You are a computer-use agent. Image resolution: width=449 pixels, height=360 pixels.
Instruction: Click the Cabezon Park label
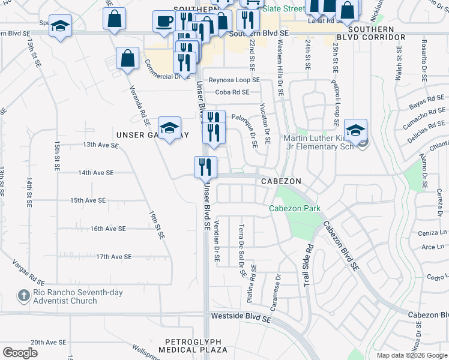click(x=294, y=209)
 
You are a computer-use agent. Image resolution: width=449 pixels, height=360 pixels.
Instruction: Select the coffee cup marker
click(x=164, y=22)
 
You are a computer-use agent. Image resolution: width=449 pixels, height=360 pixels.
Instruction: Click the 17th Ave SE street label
click(x=113, y=257)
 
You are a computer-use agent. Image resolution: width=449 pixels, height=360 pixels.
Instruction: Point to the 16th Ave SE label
click(x=108, y=229)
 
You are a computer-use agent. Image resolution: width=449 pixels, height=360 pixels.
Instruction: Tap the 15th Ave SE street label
click(x=88, y=200)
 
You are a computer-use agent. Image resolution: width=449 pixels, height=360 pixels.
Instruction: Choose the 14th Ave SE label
click(x=95, y=173)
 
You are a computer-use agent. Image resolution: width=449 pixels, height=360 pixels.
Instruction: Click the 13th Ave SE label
click(x=100, y=145)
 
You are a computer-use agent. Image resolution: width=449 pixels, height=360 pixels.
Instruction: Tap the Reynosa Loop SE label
click(x=234, y=80)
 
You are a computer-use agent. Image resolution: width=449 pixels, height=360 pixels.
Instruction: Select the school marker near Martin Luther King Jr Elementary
click(x=355, y=130)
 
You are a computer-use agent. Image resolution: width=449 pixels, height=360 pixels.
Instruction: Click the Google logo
click(x=20, y=353)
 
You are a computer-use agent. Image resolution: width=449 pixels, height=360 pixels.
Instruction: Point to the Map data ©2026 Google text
click(x=412, y=355)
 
